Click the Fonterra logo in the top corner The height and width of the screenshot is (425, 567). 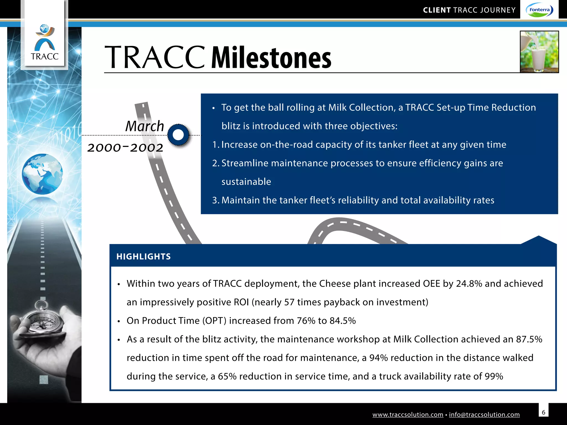point(539,10)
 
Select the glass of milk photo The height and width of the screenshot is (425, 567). point(539,52)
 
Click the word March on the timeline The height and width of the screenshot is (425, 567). point(145,126)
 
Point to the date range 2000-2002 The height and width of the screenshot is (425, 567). point(125,147)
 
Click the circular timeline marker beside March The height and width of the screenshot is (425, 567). point(178,135)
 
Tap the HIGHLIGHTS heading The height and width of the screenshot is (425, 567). point(143,256)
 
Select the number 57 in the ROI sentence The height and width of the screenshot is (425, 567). point(289,302)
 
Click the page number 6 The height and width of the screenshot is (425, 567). point(543,412)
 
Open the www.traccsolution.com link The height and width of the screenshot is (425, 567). point(408,414)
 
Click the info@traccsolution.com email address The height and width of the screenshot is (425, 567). point(484,414)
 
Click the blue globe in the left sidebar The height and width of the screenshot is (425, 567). point(42,174)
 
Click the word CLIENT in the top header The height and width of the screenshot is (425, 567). point(437,10)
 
